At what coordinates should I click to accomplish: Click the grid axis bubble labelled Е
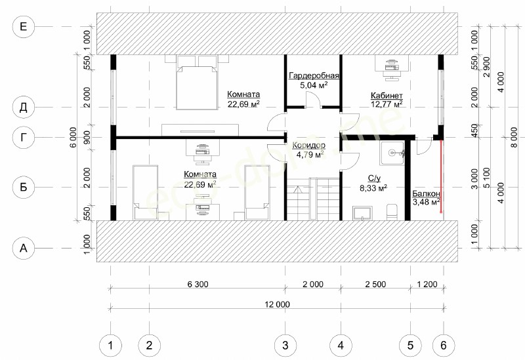coord(23,26)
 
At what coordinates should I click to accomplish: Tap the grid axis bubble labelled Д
coord(23,108)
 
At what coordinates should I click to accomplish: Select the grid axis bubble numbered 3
coord(285,345)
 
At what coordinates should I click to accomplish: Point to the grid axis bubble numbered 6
coord(444,345)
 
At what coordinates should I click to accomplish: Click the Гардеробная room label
coord(314,75)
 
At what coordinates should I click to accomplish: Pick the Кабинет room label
coord(387,95)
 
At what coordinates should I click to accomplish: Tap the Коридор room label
coord(308,145)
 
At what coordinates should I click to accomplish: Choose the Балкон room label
coord(426,193)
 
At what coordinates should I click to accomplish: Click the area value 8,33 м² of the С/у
coord(373,188)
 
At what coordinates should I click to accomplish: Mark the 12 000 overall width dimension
coord(278,304)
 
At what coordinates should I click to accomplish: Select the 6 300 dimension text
coord(198,285)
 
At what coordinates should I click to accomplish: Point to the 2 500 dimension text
coord(375,285)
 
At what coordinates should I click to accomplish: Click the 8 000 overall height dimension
coord(514,137)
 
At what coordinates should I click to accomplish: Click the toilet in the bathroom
coord(392,212)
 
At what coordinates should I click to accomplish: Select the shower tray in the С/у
coord(392,153)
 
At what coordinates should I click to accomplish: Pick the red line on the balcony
coord(441,176)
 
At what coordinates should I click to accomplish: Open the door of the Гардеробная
coord(313,100)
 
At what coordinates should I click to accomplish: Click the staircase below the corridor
coord(313,199)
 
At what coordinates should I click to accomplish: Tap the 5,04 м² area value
coord(314,85)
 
